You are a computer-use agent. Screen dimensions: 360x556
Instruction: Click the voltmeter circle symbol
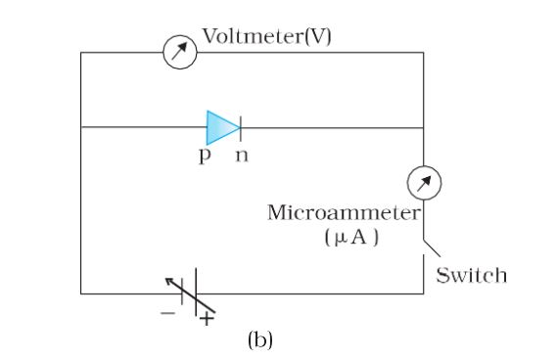pyautogui.click(x=180, y=52)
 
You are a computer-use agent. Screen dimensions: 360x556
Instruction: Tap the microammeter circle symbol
pyautogui.click(x=424, y=183)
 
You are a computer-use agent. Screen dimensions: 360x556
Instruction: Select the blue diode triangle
pyautogui.click(x=221, y=127)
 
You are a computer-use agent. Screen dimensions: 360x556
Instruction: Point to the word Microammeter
pyautogui.click(x=344, y=213)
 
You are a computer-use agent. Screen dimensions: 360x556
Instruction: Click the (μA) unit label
pyautogui.click(x=346, y=238)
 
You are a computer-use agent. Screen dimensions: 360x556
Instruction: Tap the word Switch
pyautogui.click(x=472, y=275)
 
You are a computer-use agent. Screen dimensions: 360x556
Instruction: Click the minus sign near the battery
pyautogui.click(x=167, y=314)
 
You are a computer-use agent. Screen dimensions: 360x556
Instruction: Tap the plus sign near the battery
pyautogui.click(x=207, y=318)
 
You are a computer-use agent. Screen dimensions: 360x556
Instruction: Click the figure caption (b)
pyautogui.click(x=259, y=340)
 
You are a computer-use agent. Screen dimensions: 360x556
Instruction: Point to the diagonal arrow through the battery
pyautogui.click(x=189, y=298)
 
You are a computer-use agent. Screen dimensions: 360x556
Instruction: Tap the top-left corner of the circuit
pyautogui.click(x=80, y=52)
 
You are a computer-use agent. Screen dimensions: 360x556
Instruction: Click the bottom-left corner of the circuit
pyautogui.click(x=80, y=292)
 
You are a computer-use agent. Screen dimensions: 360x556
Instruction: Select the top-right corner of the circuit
pyautogui.click(x=424, y=52)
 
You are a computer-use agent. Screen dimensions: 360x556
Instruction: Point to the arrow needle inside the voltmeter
pyautogui.click(x=180, y=52)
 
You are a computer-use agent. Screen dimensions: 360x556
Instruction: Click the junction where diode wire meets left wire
pyautogui.click(x=80, y=127)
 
